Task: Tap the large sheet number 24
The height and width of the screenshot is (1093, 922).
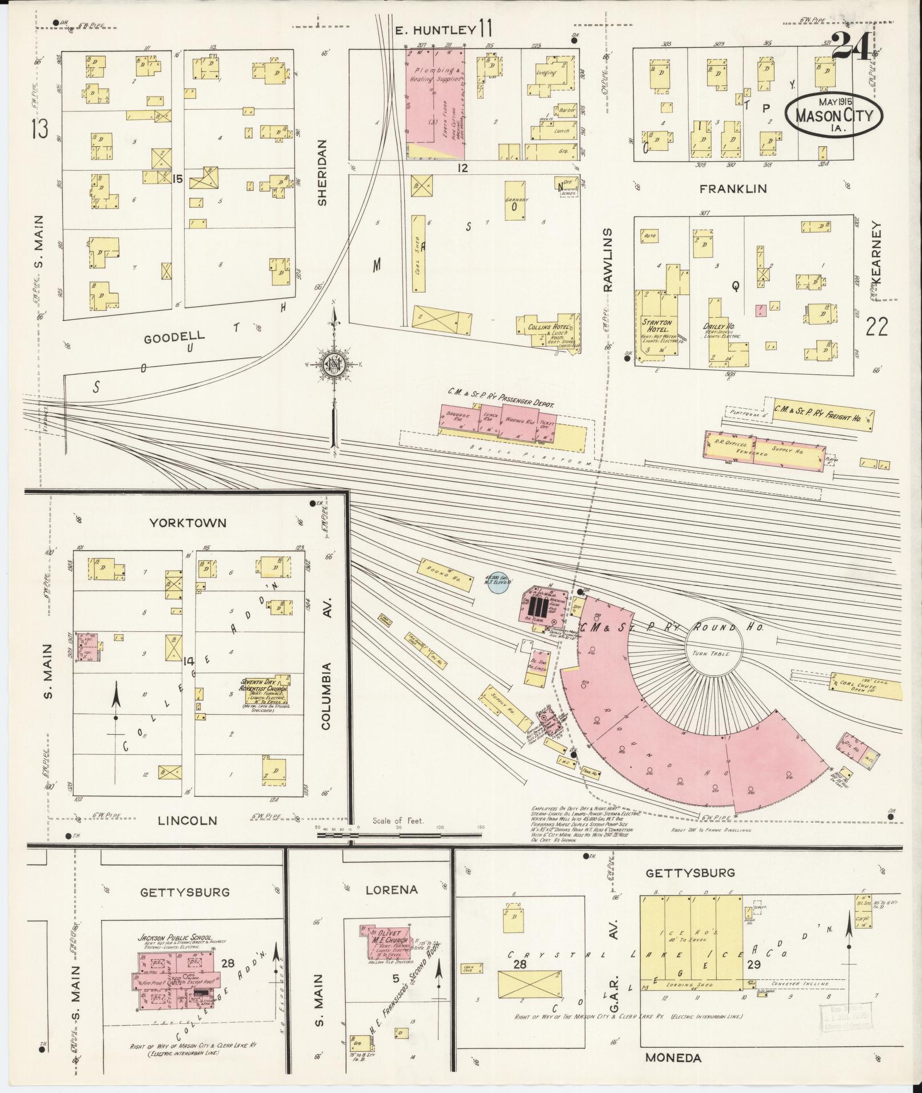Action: pyautogui.click(x=850, y=46)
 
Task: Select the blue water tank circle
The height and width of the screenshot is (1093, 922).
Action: pyautogui.click(x=496, y=583)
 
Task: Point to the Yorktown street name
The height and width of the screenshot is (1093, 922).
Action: pyautogui.click(x=188, y=523)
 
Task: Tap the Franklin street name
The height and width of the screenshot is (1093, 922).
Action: pyautogui.click(x=733, y=189)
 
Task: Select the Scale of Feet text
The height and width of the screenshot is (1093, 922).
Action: pyautogui.click(x=398, y=821)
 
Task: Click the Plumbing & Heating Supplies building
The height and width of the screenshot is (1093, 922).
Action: pyautogui.click(x=434, y=103)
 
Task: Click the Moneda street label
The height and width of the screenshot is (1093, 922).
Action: pyautogui.click(x=673, y=1058)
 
